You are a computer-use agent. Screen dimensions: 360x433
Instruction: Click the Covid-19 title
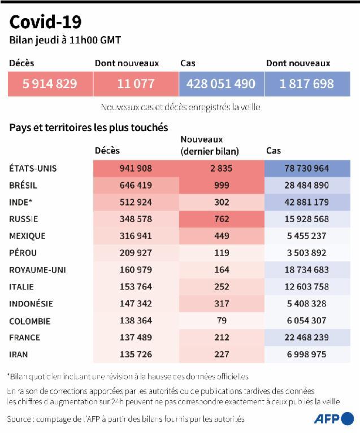pos(45,22)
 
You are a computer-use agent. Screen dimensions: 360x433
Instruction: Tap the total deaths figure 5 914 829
pos(50,84)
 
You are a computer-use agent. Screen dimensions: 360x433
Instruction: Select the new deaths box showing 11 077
pos(136,84)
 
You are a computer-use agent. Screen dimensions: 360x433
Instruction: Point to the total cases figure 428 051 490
pos(222,84)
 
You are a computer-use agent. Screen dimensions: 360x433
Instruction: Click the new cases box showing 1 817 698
pos(307,84)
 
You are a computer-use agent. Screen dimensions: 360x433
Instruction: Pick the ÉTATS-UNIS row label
pos(33,168)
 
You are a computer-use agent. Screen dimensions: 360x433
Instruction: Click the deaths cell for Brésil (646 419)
pos(136,185)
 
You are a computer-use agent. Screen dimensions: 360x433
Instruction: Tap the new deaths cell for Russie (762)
pos(222,219)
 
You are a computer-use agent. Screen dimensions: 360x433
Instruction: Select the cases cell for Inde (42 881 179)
pos(307,202)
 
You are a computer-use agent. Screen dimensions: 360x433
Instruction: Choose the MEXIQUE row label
pos(27,236)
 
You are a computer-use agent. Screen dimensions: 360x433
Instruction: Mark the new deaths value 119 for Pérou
pos(222,253)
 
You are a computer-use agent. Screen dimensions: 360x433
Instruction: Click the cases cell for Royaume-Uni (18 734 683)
pos(307,270)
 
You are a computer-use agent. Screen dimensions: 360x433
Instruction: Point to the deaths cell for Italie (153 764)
pos(136,287)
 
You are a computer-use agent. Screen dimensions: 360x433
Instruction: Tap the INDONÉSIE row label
pos(31,304)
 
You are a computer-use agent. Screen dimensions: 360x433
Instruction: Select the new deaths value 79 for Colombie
pos(222,320)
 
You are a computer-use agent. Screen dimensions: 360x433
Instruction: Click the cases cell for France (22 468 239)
pos(307,338)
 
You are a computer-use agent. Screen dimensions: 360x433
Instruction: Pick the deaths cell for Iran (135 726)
pos(136,355)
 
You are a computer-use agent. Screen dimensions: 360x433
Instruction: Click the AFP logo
pos(334,419)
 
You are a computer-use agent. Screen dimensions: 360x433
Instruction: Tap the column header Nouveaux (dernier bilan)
pos(210,145)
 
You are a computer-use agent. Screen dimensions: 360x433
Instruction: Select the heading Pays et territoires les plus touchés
pos(89,128)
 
